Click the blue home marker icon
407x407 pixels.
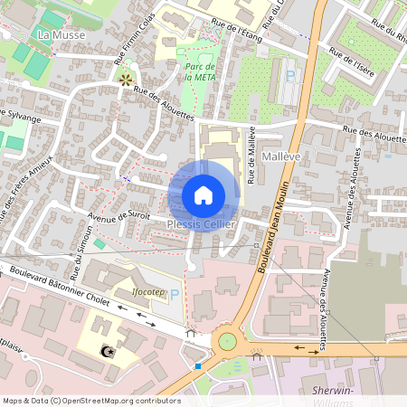pyautogui.click(x=203, y=195)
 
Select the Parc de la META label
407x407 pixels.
pyautogui.click(x=199, y=72)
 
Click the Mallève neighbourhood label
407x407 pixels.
pyautogui.click(x=280, y=157)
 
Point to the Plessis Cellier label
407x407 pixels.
pyautogui.click(x=202, y=223)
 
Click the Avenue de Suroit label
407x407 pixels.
pyautogui.click(x=119, y=215)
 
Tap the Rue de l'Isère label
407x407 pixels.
pyautogui.click(x=353, y=61)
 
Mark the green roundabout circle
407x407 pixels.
pyautogui.click(x=227, y=341)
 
